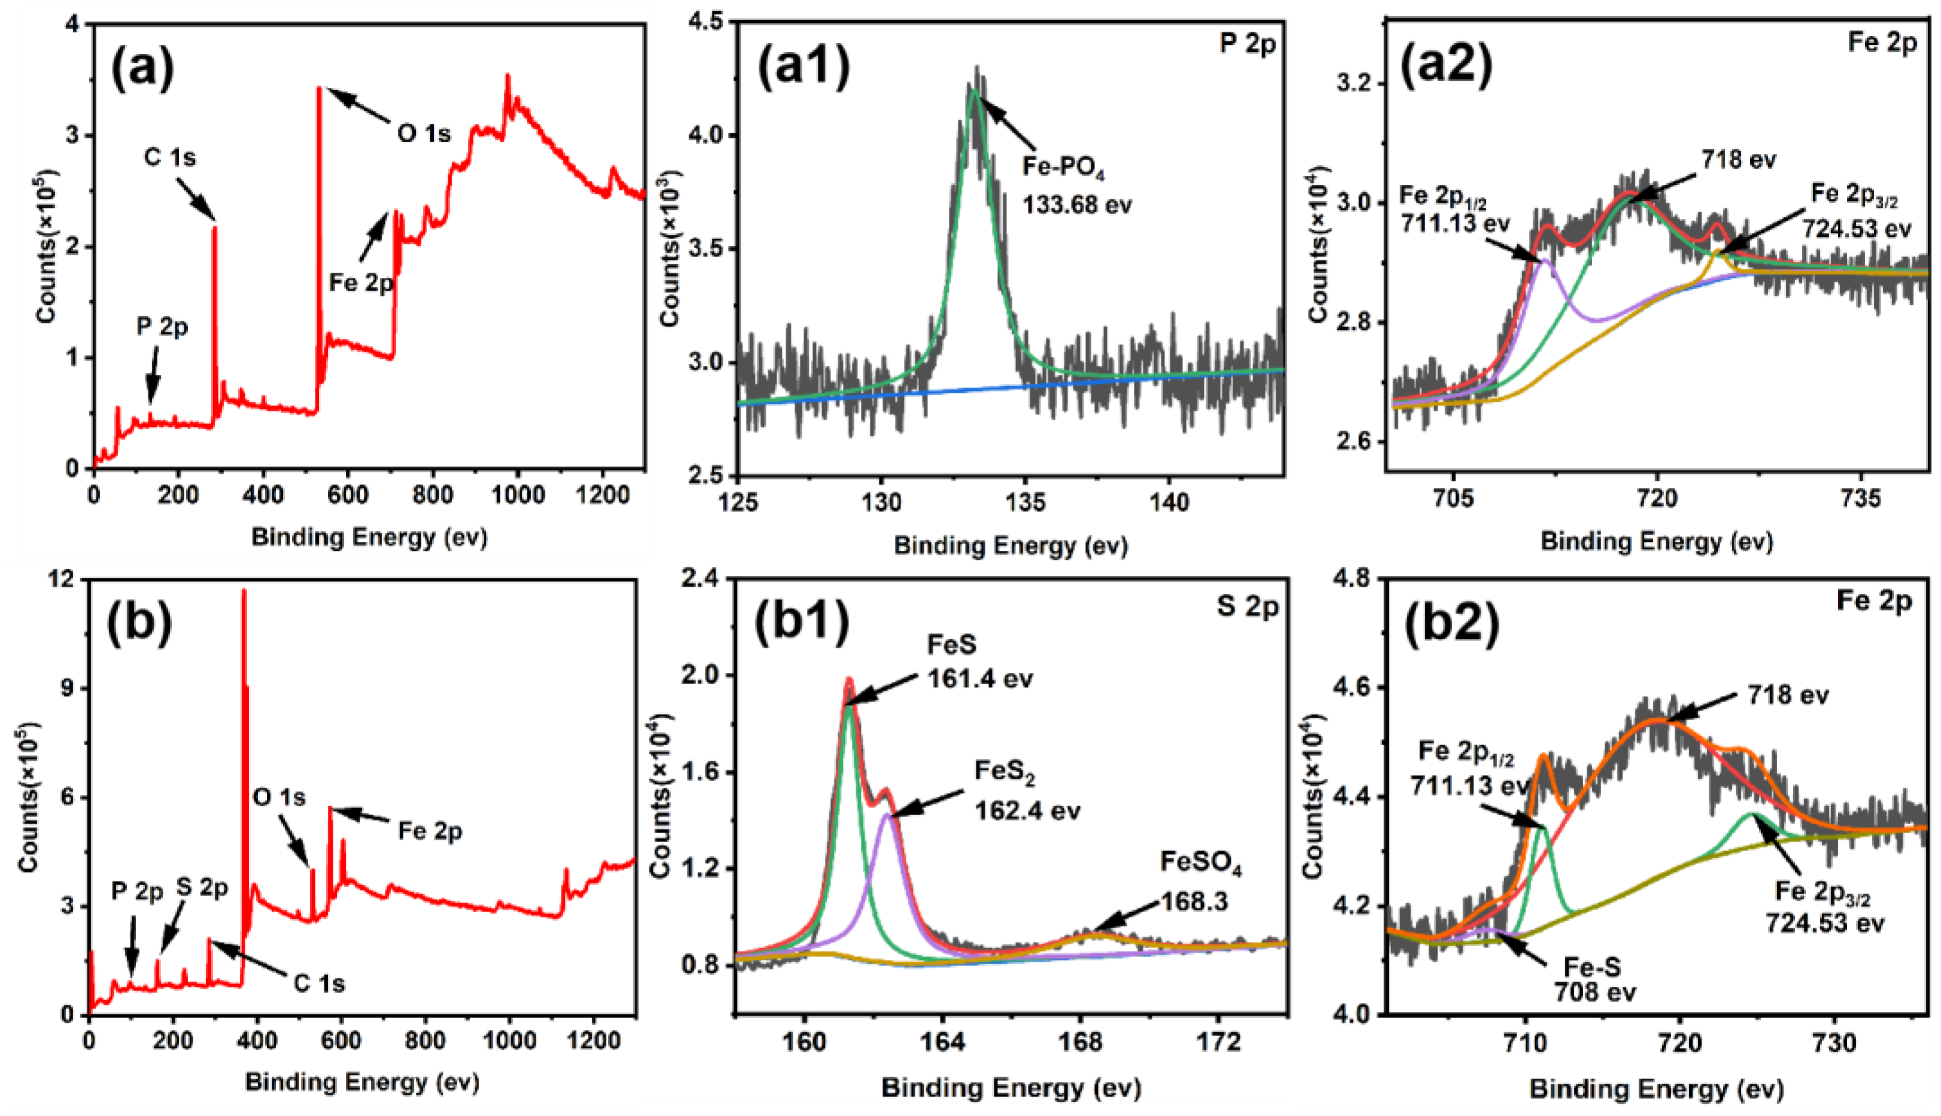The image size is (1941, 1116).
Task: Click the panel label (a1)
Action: (804, 68)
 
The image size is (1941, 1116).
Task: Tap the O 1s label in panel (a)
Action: (423, 134)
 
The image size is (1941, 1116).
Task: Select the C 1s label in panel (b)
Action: (319, 983)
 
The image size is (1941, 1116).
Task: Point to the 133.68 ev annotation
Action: (1076, 205)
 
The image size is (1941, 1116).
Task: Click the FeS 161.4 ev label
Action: (979, 661)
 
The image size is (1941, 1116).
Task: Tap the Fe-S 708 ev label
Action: (1594, 980)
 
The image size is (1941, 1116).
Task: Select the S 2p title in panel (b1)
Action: (1248, 607)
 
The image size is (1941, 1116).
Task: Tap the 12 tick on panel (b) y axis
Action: (66, 580)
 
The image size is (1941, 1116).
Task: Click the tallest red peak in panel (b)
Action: (244, 591)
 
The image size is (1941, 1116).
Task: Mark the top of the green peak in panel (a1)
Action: (974, 90)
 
